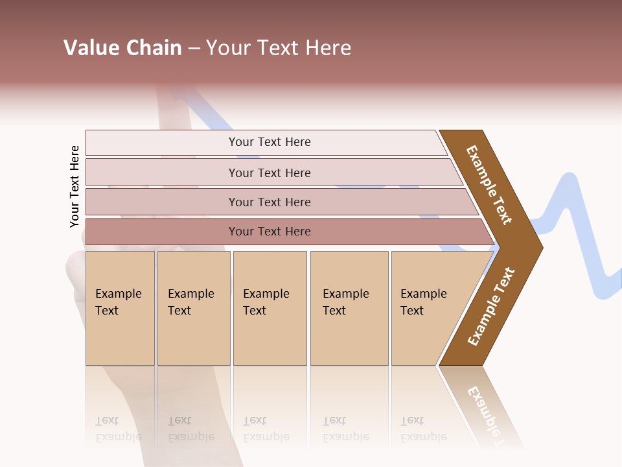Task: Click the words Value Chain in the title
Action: [122, 48]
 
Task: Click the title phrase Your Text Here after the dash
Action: [279, 48]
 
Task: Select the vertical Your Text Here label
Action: [75, 186]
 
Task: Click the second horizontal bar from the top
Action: [269, 173]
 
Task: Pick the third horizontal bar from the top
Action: [269, 202]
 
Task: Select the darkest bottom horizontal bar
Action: [269, 232]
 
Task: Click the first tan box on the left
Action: [120, 307]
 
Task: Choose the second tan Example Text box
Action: [193, 307]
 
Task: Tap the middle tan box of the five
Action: [270, 307]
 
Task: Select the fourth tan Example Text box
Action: [349, 307]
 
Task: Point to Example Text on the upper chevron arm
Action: [489, 185]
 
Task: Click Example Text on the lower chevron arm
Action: [491, 307]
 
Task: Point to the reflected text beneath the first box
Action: [118, 429]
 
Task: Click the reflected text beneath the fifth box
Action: [423, 429]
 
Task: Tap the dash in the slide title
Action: [194, 49]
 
